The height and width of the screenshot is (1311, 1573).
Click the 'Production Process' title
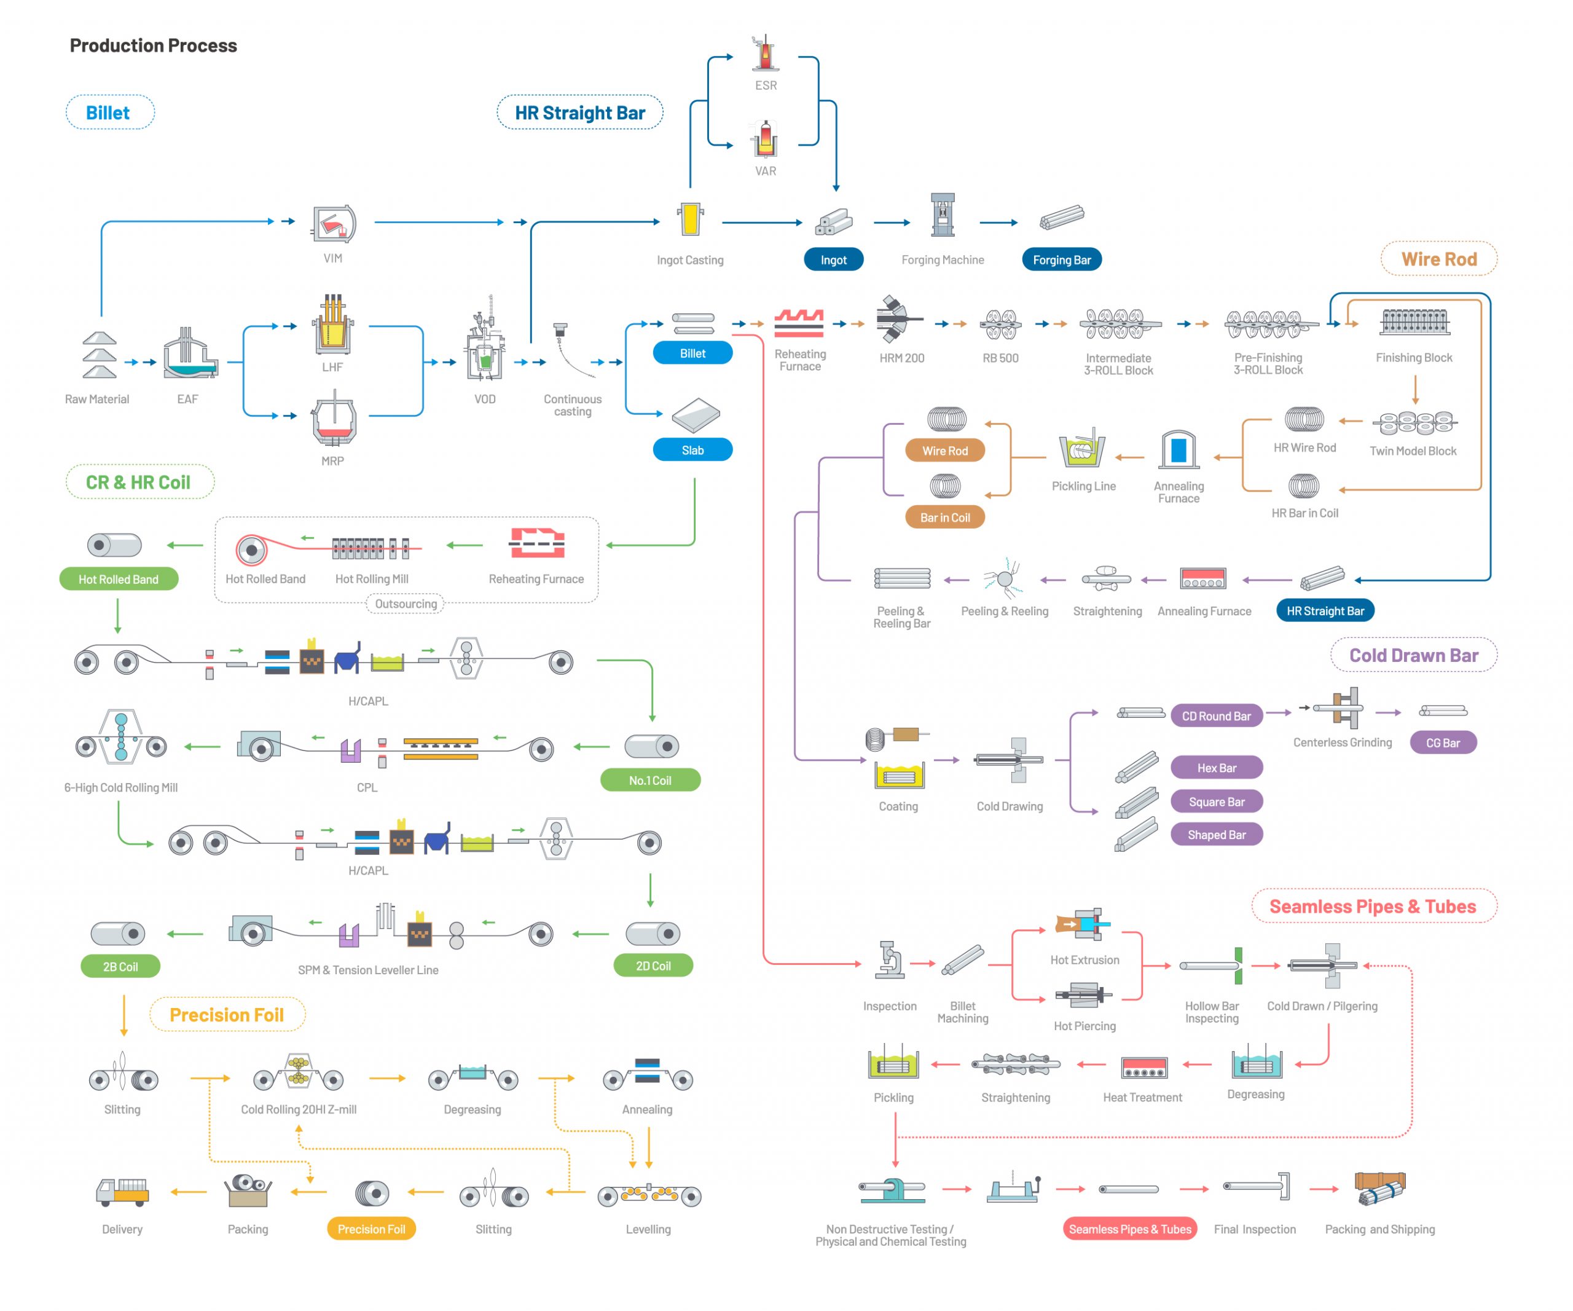pyautogui.click(x=153, y=45)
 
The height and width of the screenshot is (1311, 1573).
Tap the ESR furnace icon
pyautogui.click(x=765, y=52)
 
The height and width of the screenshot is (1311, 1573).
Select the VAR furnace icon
pyautogui.click(x=765, y=138)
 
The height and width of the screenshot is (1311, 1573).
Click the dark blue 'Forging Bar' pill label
pyautogui.click(x=1061, y=259)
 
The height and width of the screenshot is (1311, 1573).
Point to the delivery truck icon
pyautogui.click(x=122, y=1191)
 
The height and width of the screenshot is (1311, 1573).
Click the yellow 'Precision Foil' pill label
pyautogui.click(x=372, y=1229)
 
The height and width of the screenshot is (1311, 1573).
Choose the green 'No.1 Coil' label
pyautogui.click(x=650, y=780)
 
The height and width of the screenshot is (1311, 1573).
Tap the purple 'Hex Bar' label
pyautogui.click(x=1217, y=767)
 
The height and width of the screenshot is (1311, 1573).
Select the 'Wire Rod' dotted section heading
pyautogui.click(x=1439, y=259)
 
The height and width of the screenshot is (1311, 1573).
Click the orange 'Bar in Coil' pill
pyautogui.click(x=944, y=517)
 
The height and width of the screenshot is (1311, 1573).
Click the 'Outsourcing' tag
pyautogui.click(x=406, y=604)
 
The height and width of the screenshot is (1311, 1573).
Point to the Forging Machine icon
pyautogui.click(x=943, y=215)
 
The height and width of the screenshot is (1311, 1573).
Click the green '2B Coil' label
pyautogui.click(x=120, y=966)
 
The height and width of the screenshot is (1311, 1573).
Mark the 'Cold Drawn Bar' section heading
pyautogui.click(x=1413, y=655)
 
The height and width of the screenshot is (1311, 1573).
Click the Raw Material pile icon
pyautogui.click(x=100, y=356)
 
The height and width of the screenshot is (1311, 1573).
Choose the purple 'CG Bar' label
pyautogui.click(x=1443, y=742)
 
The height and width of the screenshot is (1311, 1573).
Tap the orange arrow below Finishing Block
pyautogui.click(x=1415, y=390)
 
